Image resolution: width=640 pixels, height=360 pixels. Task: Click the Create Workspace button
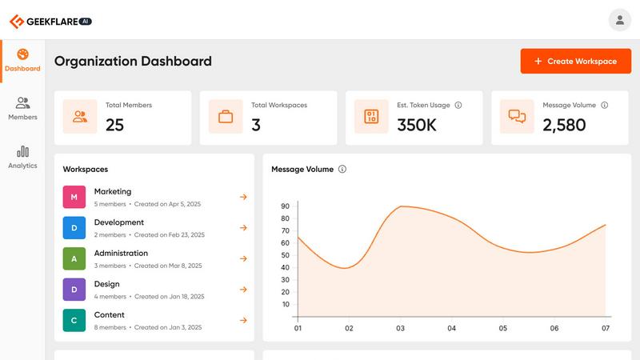[x=575, y=62]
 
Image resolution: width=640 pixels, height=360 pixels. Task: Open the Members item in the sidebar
[x=22, y=108]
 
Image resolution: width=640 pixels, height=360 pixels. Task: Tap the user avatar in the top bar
[x=619, y=20]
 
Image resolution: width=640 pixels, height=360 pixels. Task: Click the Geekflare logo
[x=50, y=22]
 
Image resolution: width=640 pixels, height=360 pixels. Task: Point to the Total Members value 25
[x=115, y=125]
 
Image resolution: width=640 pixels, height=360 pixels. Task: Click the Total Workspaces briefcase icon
[x=226, y=117]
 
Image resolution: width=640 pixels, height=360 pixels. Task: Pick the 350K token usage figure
[x=417, y=125]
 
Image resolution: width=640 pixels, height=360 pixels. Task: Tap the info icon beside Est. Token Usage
[x=458, y=105]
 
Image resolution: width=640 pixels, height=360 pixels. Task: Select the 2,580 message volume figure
[x=564, y=125]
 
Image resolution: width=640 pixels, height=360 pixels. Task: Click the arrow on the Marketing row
[x=243, y=197]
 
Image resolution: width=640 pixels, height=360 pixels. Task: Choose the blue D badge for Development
[x=74, y=228]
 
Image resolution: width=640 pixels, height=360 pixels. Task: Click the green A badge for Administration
[x=74, y=258]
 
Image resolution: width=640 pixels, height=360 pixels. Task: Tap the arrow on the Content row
[x=243, y=321]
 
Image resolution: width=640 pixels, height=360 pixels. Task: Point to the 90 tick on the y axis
[x=285, y=206]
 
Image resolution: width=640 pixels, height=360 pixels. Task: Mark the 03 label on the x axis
[x=401, y=328]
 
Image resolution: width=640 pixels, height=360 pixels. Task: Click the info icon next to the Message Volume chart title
[x=342, y=170]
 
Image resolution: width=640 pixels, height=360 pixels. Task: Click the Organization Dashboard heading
[x=133, y=61]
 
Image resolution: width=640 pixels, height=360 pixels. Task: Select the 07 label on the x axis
[x=606, y=328]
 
